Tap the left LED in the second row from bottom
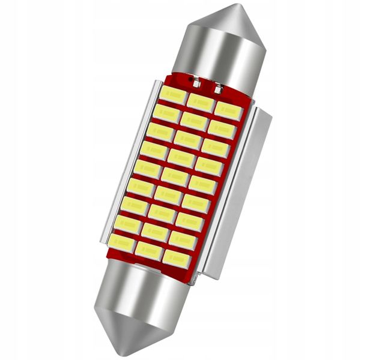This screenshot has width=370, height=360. click(128, 224)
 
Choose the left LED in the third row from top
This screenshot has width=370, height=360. click(160, 131)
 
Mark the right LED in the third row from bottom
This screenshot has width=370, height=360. click(189, 221)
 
